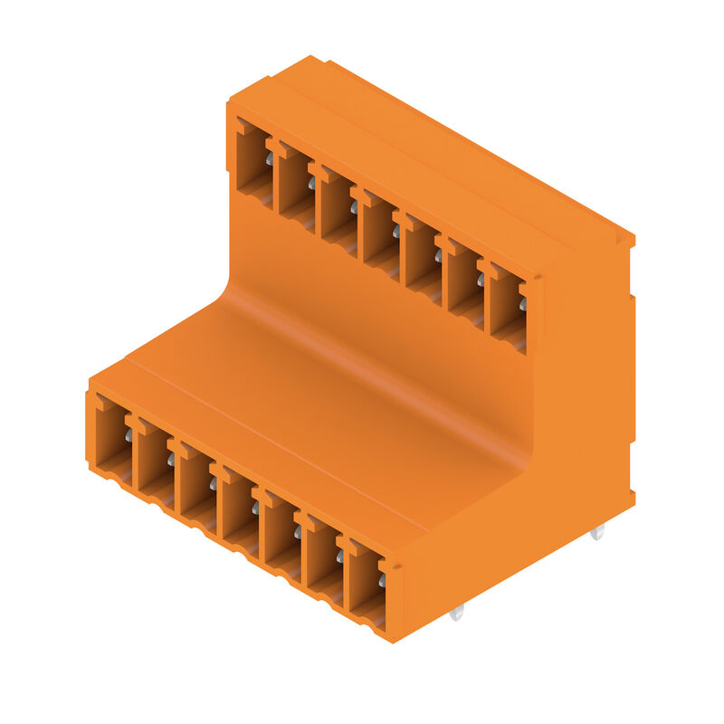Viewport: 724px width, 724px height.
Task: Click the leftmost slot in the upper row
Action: (x=254, y=163)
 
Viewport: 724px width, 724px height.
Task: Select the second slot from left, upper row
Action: (x=296, y=185)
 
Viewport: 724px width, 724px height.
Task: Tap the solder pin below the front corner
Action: (x=456, y=613)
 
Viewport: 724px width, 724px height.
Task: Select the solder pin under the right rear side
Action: (x=596, y=533)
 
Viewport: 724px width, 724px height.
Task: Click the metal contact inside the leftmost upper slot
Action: (x=269, y=159)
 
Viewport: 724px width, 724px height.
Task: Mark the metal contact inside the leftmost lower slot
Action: (x=129, y=436)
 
